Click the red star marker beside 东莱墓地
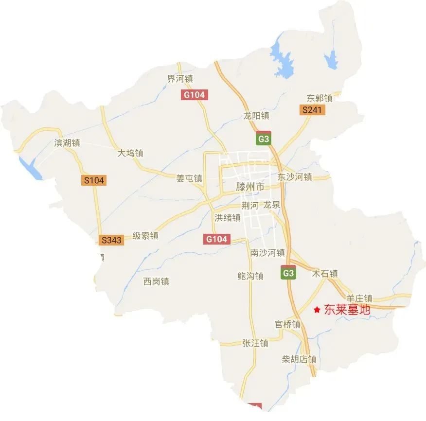(317, 309)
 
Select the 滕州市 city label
(250, 187)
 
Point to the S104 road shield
(94, 180)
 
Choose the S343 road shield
(111, 240)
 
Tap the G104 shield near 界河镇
(195, 95)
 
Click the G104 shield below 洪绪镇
(216, 239)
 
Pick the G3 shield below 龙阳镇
(263, 139)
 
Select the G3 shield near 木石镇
(288, 273)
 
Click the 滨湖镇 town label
(67, 144)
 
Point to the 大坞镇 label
(130, 153)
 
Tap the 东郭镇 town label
(319, 98)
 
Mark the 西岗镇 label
(156, 281)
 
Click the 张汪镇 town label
(255, 343)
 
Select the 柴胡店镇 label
(299, 360)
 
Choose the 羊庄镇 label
(359, 298)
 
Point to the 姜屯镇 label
(189, 178)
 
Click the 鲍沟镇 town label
(250, 276)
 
